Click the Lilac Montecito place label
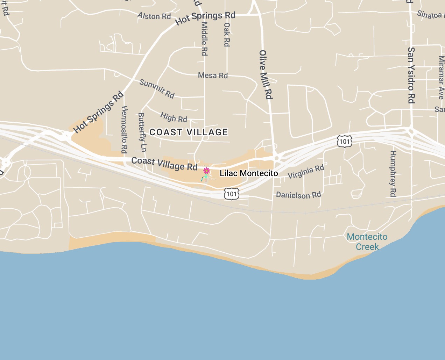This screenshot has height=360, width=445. (x=249, y=173)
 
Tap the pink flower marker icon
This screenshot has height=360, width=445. (x=206, y=171)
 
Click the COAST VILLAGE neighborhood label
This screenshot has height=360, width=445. (x=189, y=132)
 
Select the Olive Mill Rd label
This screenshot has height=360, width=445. (x=266, y=74)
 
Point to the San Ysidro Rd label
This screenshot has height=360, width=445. (x=411, y=75)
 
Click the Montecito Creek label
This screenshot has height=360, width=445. (x=367, y=242)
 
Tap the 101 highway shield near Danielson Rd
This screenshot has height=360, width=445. (x=232, y=194)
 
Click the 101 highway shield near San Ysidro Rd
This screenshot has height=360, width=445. (x=345, y=141)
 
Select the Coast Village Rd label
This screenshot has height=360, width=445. (x=164, y=164)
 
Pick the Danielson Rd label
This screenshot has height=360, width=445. (x=298, y=195)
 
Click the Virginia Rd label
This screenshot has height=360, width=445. (x=306, y=172)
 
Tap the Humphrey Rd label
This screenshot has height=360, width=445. (x=393, y=174)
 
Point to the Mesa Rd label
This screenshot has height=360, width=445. (x=213, y=75)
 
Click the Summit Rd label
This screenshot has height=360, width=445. (x=157, y=88)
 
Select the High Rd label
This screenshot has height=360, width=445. (x=174, y=117)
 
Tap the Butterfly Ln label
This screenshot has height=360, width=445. (x=142, y=132)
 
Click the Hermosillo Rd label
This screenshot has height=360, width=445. (x=124, y=129)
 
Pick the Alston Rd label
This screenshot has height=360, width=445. (x=154, y=16)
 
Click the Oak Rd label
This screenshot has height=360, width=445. (x=227, y=34)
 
